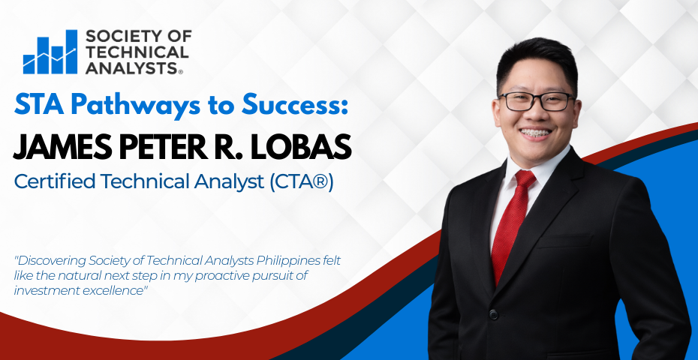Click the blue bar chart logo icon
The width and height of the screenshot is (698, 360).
pyautogui.click(x=50, y=52)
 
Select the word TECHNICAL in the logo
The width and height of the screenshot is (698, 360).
pyautogui.click(x=137, y=52)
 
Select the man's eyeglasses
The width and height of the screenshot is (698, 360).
pyautogui.click(x=537, y=101)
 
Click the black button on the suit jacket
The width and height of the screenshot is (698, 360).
pyautogui.click(x=493, y=314)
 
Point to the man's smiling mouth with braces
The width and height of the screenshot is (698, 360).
pyautogui.click(x=535, y=133)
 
